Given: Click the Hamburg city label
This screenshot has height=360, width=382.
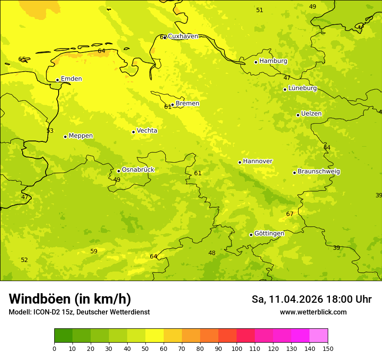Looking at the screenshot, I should (x=273, y=61).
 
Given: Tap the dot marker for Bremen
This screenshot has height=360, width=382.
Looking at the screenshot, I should (x=172, y=105).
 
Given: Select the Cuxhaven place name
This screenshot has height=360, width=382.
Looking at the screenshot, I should (x=183, y=36).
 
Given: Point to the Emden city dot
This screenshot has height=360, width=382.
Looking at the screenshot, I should (x=57, y=80).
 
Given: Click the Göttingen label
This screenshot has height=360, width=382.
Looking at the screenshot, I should (x=269, y=233).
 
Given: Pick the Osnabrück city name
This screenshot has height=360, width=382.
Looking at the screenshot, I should (x=138, y=170).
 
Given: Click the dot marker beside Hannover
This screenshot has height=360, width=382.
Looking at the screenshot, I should (x=240, y=162).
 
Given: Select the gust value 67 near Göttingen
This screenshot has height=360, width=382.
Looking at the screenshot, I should (x=290, y=214).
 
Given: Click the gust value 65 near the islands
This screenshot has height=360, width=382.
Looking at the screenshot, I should (x=22, y=59).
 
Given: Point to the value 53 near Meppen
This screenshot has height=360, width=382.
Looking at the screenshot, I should (x=50, y=131).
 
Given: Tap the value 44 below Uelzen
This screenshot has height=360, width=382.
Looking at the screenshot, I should (x=327, y=148).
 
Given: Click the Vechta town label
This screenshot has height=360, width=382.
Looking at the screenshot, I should (x=147, y=131).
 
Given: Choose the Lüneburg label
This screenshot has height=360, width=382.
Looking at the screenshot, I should (x=303, y=88).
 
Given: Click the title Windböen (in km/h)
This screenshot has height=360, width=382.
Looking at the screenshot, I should (x=70, y=299).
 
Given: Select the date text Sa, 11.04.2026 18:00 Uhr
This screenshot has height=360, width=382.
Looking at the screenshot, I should (x=312, y=299).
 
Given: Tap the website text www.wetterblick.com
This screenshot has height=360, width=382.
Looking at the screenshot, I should (x=313, y=312).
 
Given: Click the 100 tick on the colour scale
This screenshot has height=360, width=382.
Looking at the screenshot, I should (x=237, y=348).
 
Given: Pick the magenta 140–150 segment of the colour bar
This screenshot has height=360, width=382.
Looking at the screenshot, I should (x=319, y=336).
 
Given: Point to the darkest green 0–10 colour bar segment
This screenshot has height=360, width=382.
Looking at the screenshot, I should (x=63, y=336).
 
